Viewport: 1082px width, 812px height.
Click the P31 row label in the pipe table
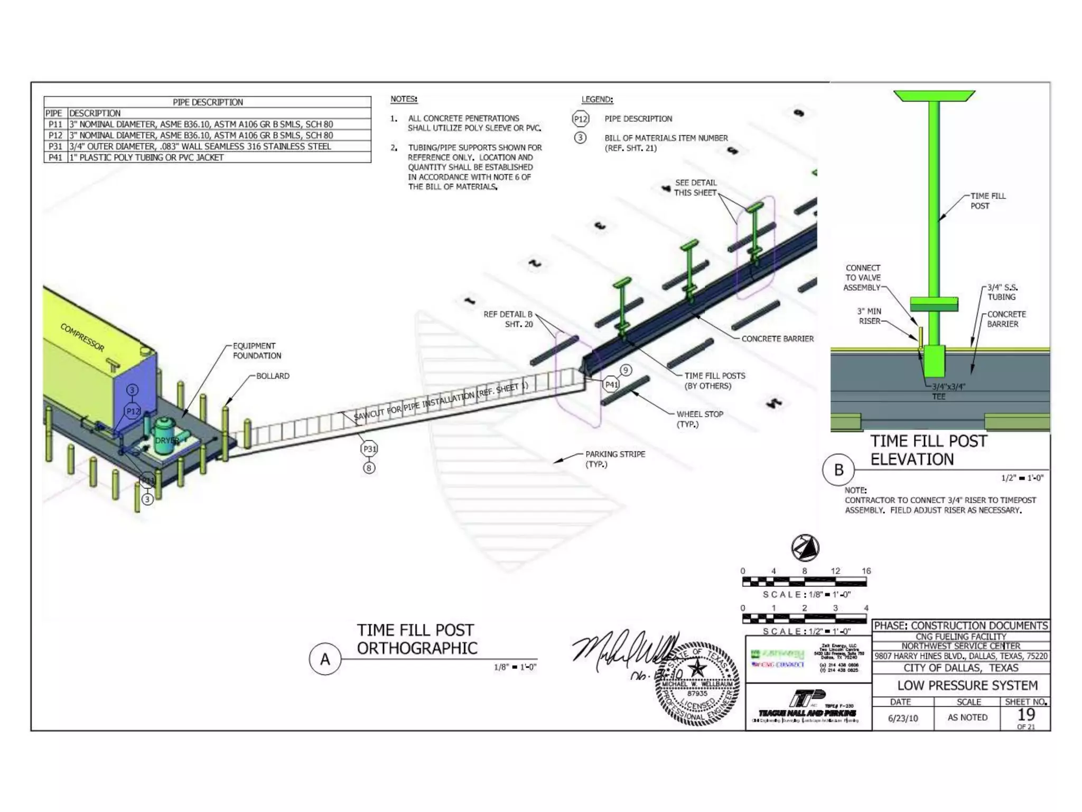click(55, 146)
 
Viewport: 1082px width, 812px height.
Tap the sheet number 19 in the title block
click(1025, 715)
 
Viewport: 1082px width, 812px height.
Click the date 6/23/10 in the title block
click(903, 718)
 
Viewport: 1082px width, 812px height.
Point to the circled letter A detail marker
click(325, 659)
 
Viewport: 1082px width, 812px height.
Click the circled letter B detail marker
click(838, 470)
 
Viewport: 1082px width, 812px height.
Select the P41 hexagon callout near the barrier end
click(611, 384)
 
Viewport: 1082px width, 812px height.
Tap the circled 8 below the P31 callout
click(369, 468)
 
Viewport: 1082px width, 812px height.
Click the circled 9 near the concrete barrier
click(626, 370)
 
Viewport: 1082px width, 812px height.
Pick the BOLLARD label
click(273, 376)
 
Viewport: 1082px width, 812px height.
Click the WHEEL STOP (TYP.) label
click(699, 419)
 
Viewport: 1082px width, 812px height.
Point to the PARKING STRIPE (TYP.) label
click(615, 459)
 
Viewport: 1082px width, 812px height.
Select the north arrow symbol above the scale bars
click(805, 548)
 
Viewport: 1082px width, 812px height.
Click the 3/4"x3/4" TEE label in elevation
click(948, 391)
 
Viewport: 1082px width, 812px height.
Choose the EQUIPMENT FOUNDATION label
click(257, 350)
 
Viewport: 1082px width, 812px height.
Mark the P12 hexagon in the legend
click(581, 119)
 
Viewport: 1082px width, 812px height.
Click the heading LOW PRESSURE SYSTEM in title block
click(967, 686)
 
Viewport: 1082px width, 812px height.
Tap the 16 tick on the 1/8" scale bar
click(866, 571)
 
